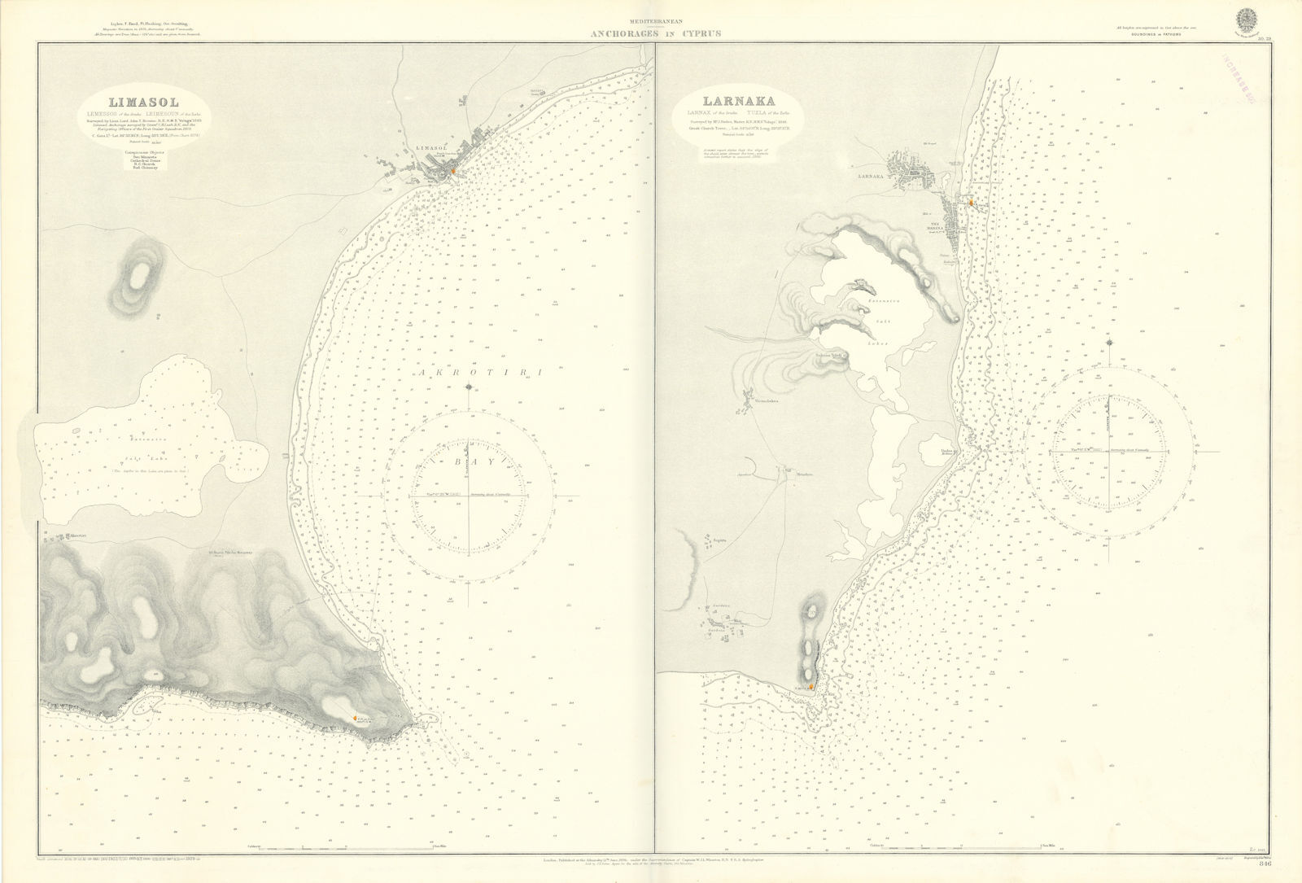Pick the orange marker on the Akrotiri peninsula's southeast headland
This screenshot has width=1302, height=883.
[x=356, y=716]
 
